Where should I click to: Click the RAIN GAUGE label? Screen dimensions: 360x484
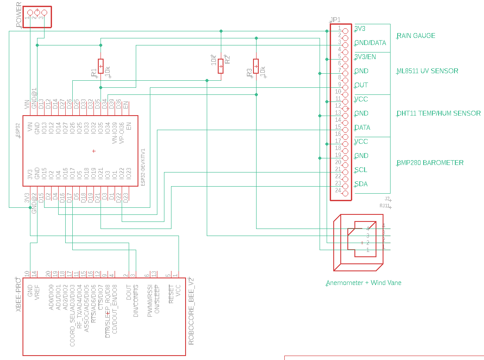click(x=416, y=36)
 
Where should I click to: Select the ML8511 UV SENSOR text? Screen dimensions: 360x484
click(x=427, y=71)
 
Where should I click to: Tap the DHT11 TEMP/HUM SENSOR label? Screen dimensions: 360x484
click(x=438, y=113)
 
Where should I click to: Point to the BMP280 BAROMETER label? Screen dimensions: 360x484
click(x=430, y=163)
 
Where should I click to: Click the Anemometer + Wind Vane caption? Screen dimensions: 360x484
click(x=364, y=283)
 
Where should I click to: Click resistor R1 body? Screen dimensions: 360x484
click(x=101, y=66)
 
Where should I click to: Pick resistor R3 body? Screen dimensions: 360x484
click(x=256, y=66)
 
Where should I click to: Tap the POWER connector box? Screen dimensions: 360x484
click(x=37, y=17)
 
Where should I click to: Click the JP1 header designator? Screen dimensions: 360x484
click(x=335, y=20)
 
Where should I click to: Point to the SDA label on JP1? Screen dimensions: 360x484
click(x=361, y=184)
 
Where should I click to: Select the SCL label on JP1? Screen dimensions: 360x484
click(x=361, y=170)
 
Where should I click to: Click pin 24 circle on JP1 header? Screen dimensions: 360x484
click(x=345, y=193)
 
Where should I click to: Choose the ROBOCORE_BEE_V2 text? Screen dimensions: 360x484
click(x=191, y=311)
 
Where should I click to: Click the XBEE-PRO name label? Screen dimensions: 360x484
click(x=19, y=295)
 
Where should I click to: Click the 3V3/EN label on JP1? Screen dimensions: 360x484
click(x=365, y=57)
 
